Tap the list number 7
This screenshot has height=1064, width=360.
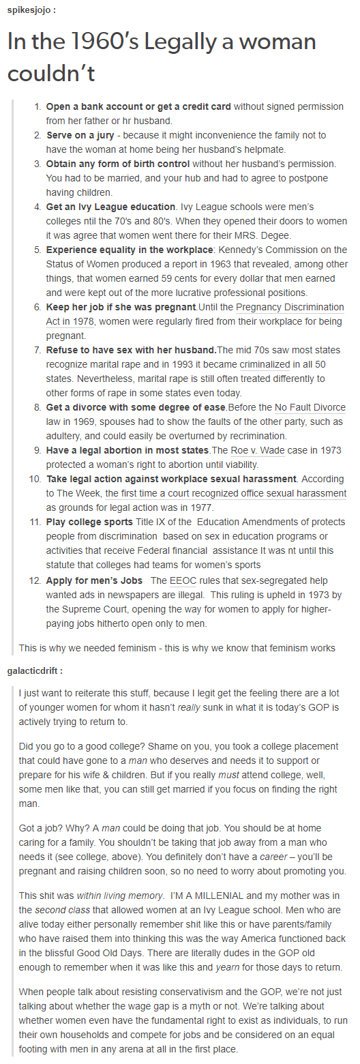tap(37, 351)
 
